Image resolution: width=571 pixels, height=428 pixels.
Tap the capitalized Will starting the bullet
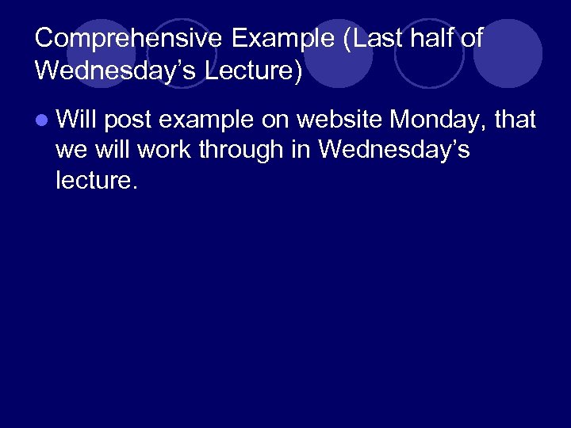(x=77, y=120)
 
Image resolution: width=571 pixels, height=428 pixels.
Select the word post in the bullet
(x=128, y=120)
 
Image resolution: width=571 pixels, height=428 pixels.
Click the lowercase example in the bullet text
(x=208, y=120)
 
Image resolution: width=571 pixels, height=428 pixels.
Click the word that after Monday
(x=515, y=120)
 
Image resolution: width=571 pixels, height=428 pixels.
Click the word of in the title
(x=470, y=38)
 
